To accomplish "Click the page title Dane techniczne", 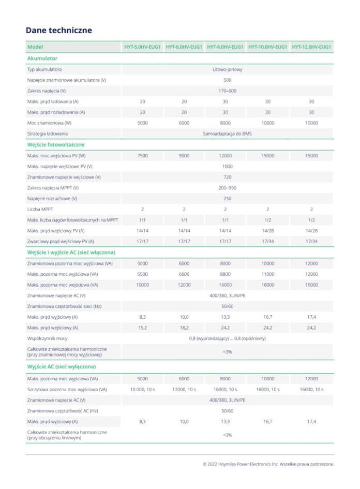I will click(59, 31).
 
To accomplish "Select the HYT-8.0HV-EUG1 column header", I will click(225, 47).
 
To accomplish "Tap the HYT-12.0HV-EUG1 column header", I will click(311, 47).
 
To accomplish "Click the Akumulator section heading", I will click(42, 58).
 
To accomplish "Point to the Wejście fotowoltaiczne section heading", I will click(56, 145).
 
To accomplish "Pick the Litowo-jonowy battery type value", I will click(228, 69).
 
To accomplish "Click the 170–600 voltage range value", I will click(228, 91).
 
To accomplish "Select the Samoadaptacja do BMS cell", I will click(228, 134).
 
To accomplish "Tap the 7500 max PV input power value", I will click(142, 156).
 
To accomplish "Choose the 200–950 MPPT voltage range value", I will click(228, 188).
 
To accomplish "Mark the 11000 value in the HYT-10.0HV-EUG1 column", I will click(267, 274).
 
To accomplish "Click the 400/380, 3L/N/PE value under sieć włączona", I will click(228, 295).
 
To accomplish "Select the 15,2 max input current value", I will click(142, 328).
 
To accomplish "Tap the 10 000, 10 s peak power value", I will click(142, 389).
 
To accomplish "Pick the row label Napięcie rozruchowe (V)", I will click(52, 199).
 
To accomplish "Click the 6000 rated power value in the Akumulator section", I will click(184, 123).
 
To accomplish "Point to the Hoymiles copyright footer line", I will click(268, 464).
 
